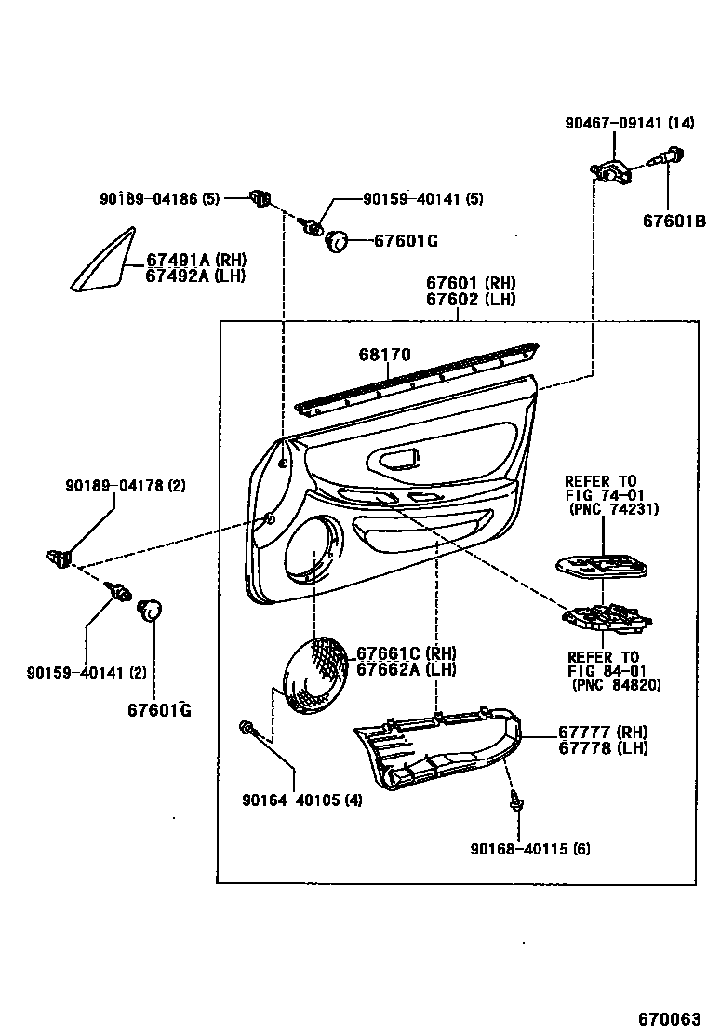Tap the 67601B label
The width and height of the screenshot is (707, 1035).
pos(674,221)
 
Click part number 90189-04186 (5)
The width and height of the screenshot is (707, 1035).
pos(159,198)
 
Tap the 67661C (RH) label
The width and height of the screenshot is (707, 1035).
pos(406,653)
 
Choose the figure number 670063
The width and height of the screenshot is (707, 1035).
pos(669,1016)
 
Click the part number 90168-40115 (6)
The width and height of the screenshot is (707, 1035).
pos(530,848)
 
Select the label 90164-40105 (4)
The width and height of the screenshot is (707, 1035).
pos(302,800)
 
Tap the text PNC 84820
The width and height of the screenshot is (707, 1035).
pos(615,685)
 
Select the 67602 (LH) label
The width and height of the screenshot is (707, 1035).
pos(471,299)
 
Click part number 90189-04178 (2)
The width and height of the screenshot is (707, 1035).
pos(126,485)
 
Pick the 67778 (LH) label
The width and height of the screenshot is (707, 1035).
pos(603,748)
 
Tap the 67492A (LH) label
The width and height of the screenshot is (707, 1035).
pos(197,276)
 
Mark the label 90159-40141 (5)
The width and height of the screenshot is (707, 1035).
pos(423,199)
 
